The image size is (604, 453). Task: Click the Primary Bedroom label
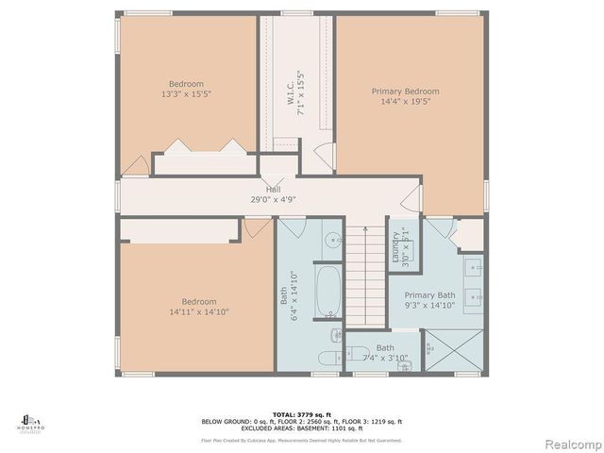pos(404,92)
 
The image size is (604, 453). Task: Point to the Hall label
pos(272,189)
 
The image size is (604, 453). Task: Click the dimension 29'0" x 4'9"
pos(272,199)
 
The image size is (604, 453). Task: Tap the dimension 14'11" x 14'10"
pos(198,311)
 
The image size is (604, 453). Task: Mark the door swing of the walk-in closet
pos(323,157)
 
